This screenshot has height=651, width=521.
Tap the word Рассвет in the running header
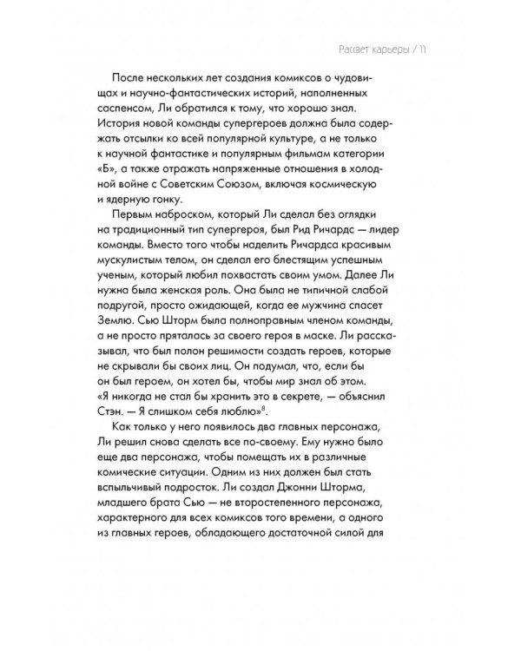point(335,49)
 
